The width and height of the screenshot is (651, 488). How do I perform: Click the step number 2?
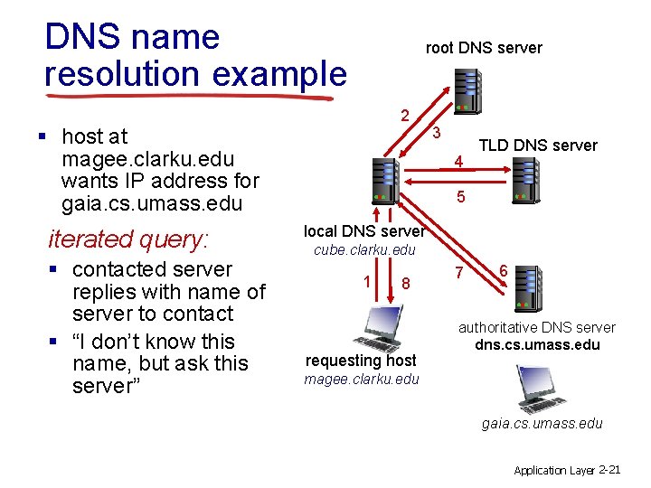click(405, 115)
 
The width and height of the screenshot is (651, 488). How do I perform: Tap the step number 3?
click(436, 133)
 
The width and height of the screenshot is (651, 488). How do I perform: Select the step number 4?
click(459, 163)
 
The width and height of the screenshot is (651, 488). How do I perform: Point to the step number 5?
click(461, 195)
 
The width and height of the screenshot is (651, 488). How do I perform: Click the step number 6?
click(503, 270)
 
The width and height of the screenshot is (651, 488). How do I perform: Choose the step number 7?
click(459, 273)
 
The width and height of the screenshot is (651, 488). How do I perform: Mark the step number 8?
click(407, 284)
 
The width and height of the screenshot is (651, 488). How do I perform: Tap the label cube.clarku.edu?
click(364, 249)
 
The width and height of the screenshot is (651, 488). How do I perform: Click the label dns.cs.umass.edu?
click(537, 344)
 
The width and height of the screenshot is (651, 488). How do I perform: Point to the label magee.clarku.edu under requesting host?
click(362, 379)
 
